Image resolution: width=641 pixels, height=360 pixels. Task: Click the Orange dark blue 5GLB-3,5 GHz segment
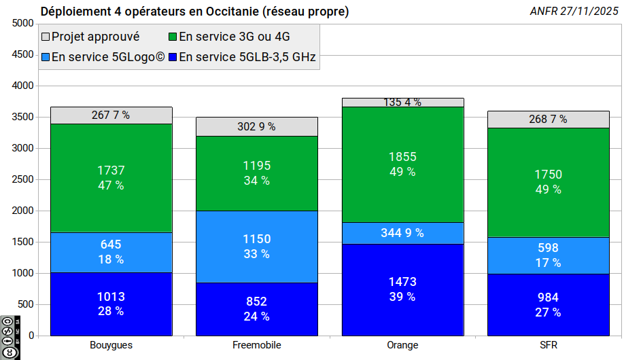click(x=402, y=289)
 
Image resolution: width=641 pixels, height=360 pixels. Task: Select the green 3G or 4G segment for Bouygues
click(x=111, y=178)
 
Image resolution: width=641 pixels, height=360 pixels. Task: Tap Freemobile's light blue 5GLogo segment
click(x=257, y=247)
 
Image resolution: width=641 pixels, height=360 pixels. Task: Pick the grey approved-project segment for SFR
click(x=548, y=120)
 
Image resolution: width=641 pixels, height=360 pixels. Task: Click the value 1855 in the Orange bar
click(x=402, y=157)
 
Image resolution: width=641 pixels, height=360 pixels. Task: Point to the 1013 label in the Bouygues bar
click(x=111, y=297)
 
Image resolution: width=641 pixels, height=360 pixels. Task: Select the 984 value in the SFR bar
click(x=548, y=298)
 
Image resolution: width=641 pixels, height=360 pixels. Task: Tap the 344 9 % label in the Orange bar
click(x=402, y=233)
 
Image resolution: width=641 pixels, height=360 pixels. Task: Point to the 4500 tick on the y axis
click(x=22, y=54)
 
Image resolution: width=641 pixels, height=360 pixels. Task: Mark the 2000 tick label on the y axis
click(x=22, y=211)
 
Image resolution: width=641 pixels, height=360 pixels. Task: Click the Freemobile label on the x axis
click(x=257, y=345)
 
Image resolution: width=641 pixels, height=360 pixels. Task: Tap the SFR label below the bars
click(x=548, y=345)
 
